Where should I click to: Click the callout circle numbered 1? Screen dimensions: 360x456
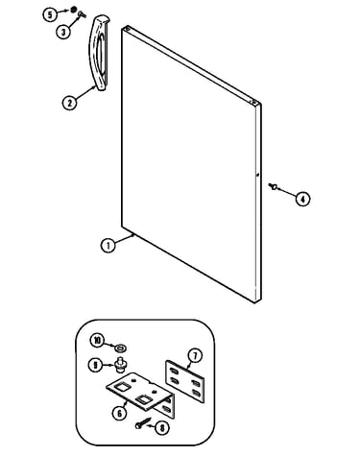point(108,246)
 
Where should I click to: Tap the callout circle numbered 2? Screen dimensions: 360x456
point(69,103)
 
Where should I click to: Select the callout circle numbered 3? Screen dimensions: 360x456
point(63,32)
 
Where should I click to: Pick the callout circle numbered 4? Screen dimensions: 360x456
point(302,199)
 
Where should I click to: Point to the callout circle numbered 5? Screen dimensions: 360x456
point(50,14)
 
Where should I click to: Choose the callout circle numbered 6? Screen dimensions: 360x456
point(119,414)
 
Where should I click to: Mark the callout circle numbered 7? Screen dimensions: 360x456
point(195,355)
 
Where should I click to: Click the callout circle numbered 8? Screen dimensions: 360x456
point(162,428)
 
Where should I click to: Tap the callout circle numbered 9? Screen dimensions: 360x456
point(95,365)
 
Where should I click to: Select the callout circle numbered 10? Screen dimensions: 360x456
point(97,341)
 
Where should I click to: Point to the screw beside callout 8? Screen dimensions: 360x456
point(142,423)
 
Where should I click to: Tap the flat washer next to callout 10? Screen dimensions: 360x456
point(121,347)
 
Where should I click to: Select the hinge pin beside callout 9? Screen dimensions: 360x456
point(121,365)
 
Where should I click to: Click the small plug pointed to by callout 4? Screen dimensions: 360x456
point(274,186)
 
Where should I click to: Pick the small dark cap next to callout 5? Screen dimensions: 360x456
point(74,10)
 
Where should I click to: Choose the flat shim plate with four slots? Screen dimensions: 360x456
point(184,381)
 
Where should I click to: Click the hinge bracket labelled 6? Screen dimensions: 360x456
point(141,395)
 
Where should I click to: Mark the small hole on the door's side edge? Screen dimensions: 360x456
point(257,175)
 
